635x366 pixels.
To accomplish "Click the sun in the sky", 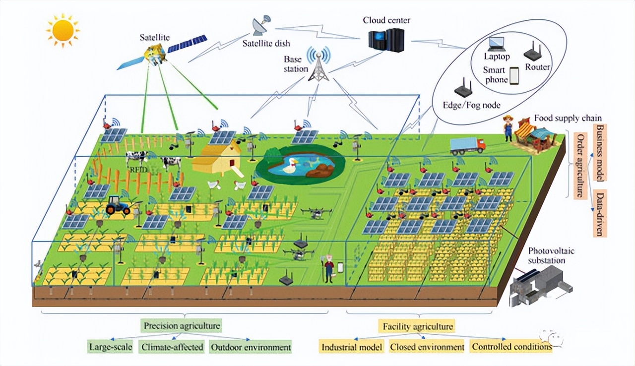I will pos(63,31).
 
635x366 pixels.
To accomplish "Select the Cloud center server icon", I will pos(386,38).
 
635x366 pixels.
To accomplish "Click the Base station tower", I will pos(318,64).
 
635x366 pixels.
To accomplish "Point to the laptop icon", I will pos(496,44).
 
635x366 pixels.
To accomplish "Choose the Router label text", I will pos(538,67).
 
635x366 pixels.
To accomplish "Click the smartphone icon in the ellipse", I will pos(514,75).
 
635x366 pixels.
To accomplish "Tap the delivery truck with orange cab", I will pos(467,145).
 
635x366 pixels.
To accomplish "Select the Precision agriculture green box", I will pos(182,326).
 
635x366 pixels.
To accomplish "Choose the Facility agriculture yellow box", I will pos(418,327).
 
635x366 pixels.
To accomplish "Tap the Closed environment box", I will pos(427,347).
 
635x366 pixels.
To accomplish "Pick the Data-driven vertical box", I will pos(600,213).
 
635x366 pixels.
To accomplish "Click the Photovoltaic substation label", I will pos(546,255).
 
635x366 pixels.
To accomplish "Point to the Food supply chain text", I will pos(568,119).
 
